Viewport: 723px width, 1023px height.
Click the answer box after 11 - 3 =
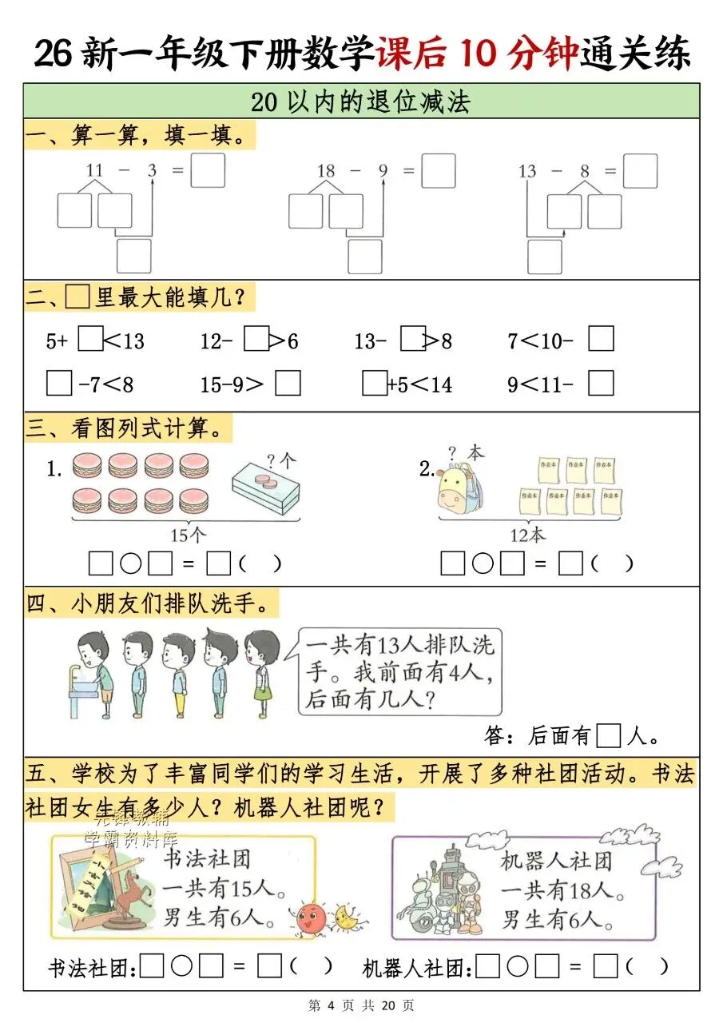tap(208, 170)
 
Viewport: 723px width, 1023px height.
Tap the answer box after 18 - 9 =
tap(438, 170)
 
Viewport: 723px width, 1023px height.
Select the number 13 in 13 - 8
tap(527, 171)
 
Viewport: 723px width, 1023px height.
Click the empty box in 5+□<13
tap(91, 340)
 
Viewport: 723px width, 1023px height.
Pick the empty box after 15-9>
tap(288, 384)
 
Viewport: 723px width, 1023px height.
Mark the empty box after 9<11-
tap(601, 384)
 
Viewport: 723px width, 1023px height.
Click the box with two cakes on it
tap(266, 488)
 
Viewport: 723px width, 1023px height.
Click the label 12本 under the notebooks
tap(528, 533)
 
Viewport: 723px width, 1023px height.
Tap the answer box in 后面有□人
tap(609, 734)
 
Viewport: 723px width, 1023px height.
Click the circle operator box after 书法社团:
tap(181, 967)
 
